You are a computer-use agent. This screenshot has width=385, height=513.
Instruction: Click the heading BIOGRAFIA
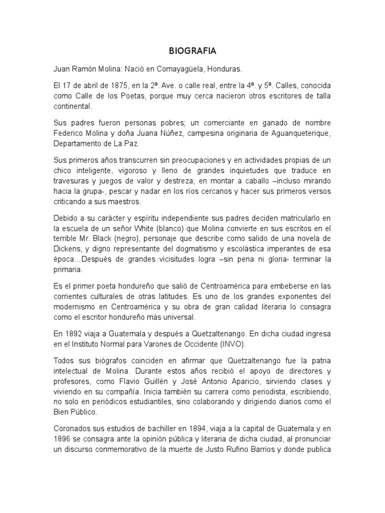point(192,51)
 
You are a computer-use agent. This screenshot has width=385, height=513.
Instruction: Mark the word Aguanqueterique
point(293,133)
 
